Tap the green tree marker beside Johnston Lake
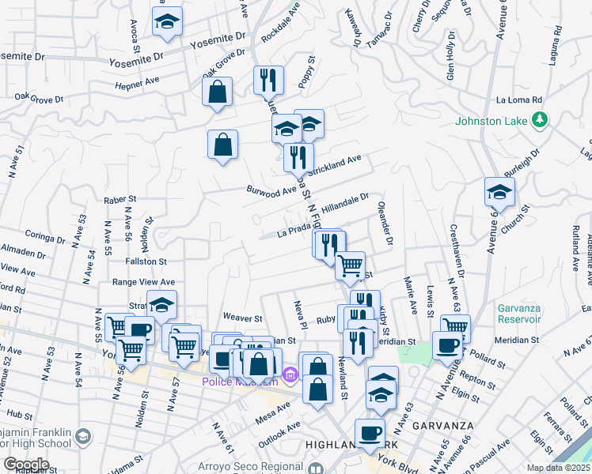click(x=540, y=119)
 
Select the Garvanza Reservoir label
click(x=520, y=314)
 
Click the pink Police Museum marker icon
click(x=290, y=374)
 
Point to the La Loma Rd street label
click(x=518, y=100)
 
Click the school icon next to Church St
click(x=499, y=192)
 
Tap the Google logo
click(x=26, y=465)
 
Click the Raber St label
click(x=120, y=201)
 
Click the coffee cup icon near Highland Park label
click(x=370, y=432)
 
